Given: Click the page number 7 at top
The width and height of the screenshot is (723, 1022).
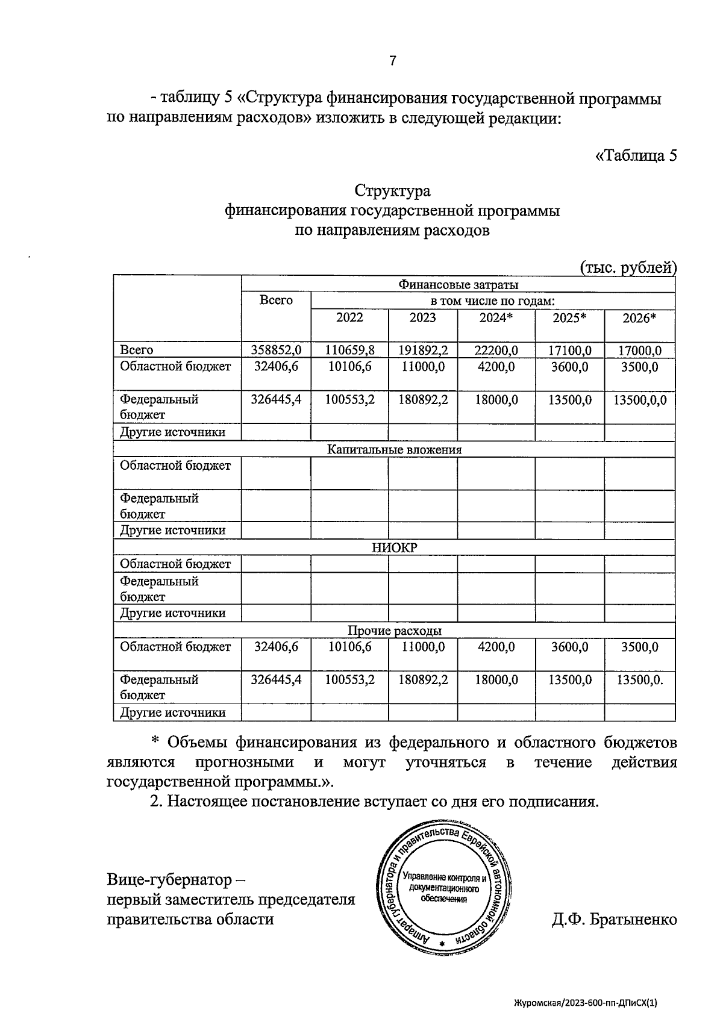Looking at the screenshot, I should point(392,61).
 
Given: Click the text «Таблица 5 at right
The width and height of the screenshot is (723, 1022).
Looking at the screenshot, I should point(636,155).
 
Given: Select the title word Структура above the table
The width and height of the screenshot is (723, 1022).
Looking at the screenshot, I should point(392,192).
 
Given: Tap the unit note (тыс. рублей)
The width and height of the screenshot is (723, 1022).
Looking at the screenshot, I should point(628,267).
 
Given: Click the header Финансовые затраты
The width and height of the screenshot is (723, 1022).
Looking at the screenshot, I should point(458,284).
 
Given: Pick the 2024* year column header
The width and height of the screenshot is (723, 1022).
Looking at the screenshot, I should point(495,318).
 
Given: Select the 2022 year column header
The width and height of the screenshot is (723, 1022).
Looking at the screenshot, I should point(349,318).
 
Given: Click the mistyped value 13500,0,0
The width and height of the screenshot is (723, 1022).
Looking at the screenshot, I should point(639,399).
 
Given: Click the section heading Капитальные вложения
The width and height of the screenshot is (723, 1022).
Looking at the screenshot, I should point(394,449).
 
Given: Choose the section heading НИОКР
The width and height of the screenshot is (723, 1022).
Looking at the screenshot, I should point(394,547).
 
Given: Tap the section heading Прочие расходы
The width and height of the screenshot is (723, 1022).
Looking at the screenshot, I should point(394,631).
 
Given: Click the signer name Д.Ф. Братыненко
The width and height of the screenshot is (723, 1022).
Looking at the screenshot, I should point(614,920).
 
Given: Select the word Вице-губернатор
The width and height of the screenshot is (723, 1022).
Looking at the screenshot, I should point(169,880).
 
